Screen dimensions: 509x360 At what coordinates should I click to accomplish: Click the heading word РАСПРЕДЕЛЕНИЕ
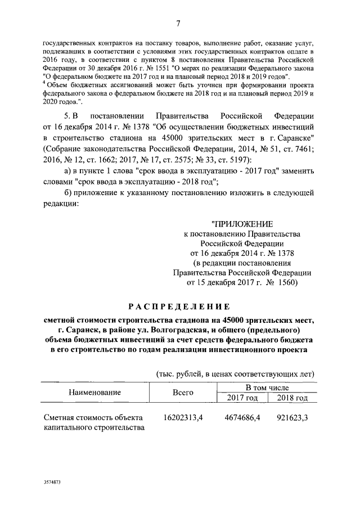click(x=179, y=307)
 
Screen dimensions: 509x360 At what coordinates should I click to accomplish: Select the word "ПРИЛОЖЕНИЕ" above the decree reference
click(x=243, y=224)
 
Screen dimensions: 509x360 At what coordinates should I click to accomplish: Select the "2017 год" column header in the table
click(x=242, y=398)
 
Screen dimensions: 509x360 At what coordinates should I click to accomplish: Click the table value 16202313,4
click(x=183, y=418)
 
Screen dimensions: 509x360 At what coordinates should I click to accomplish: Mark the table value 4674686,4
click(x=242, y=418)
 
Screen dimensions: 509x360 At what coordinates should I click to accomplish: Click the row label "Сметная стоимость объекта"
click(x=93, y=418)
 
